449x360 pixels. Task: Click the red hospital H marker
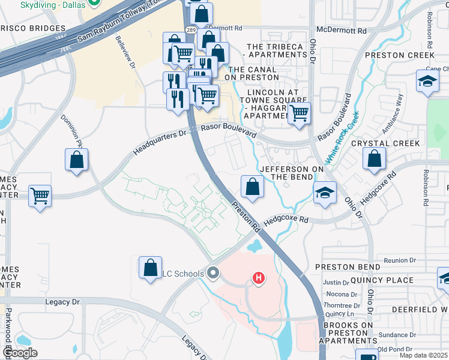point(259,278)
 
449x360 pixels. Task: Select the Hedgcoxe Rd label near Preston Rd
point(286,220)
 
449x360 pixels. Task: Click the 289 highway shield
point(191,29)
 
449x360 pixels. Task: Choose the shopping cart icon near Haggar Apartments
point(299,112)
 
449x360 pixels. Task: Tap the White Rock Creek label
point(343,139)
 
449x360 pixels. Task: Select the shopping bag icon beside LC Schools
point(150,268)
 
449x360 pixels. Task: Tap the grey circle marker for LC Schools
point(213,274)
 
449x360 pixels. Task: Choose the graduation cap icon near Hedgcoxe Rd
point(325,193)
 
